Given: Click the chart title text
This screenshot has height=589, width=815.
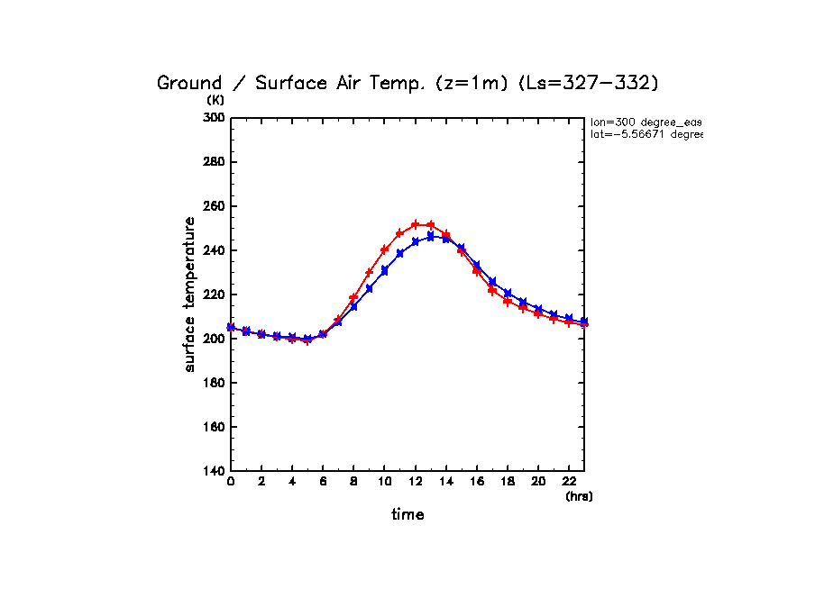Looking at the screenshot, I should pyautogui.click(x=407, y=83).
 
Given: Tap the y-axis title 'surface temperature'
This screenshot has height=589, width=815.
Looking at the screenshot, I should pyautogui.click(x=190, y=294).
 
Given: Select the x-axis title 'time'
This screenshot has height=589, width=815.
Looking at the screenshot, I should pyautogui.click(x=407, y=514).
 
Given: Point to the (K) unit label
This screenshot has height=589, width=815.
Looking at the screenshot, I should pyautogui.click(x=215, y=100).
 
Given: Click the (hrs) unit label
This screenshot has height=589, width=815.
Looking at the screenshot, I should pyautogui.click(x=579, y=496).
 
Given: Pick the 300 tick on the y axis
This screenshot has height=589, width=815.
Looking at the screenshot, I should pyautogui.click(x=213, y=118).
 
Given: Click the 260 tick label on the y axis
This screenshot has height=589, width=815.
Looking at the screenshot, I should pyautogui.click(x=213, y=206).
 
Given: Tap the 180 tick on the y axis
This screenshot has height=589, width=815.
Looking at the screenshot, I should pyautogui.click(x=213, y=383).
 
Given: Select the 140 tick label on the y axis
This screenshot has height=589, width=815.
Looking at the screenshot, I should pyautogui.click(x=213, y=471).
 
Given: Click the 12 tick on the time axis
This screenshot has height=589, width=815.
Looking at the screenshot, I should pyautogui.click(x=415, y=483).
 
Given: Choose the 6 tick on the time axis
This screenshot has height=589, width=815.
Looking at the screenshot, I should pyautogui.click(x=323, y=483).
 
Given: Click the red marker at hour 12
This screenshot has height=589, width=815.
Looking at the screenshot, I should pyautogui.click(x=415, y=224).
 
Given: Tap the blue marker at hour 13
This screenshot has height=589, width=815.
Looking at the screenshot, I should pyautogui.click(x=430, y=236).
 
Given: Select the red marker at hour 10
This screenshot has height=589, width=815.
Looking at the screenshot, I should pyautogui.click(x=384, y=249).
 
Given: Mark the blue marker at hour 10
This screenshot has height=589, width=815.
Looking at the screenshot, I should pyautogui.click(x=384, y=270).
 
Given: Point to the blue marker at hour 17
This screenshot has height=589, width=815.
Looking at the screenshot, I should pyautogui.click(x=491, y=283).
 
